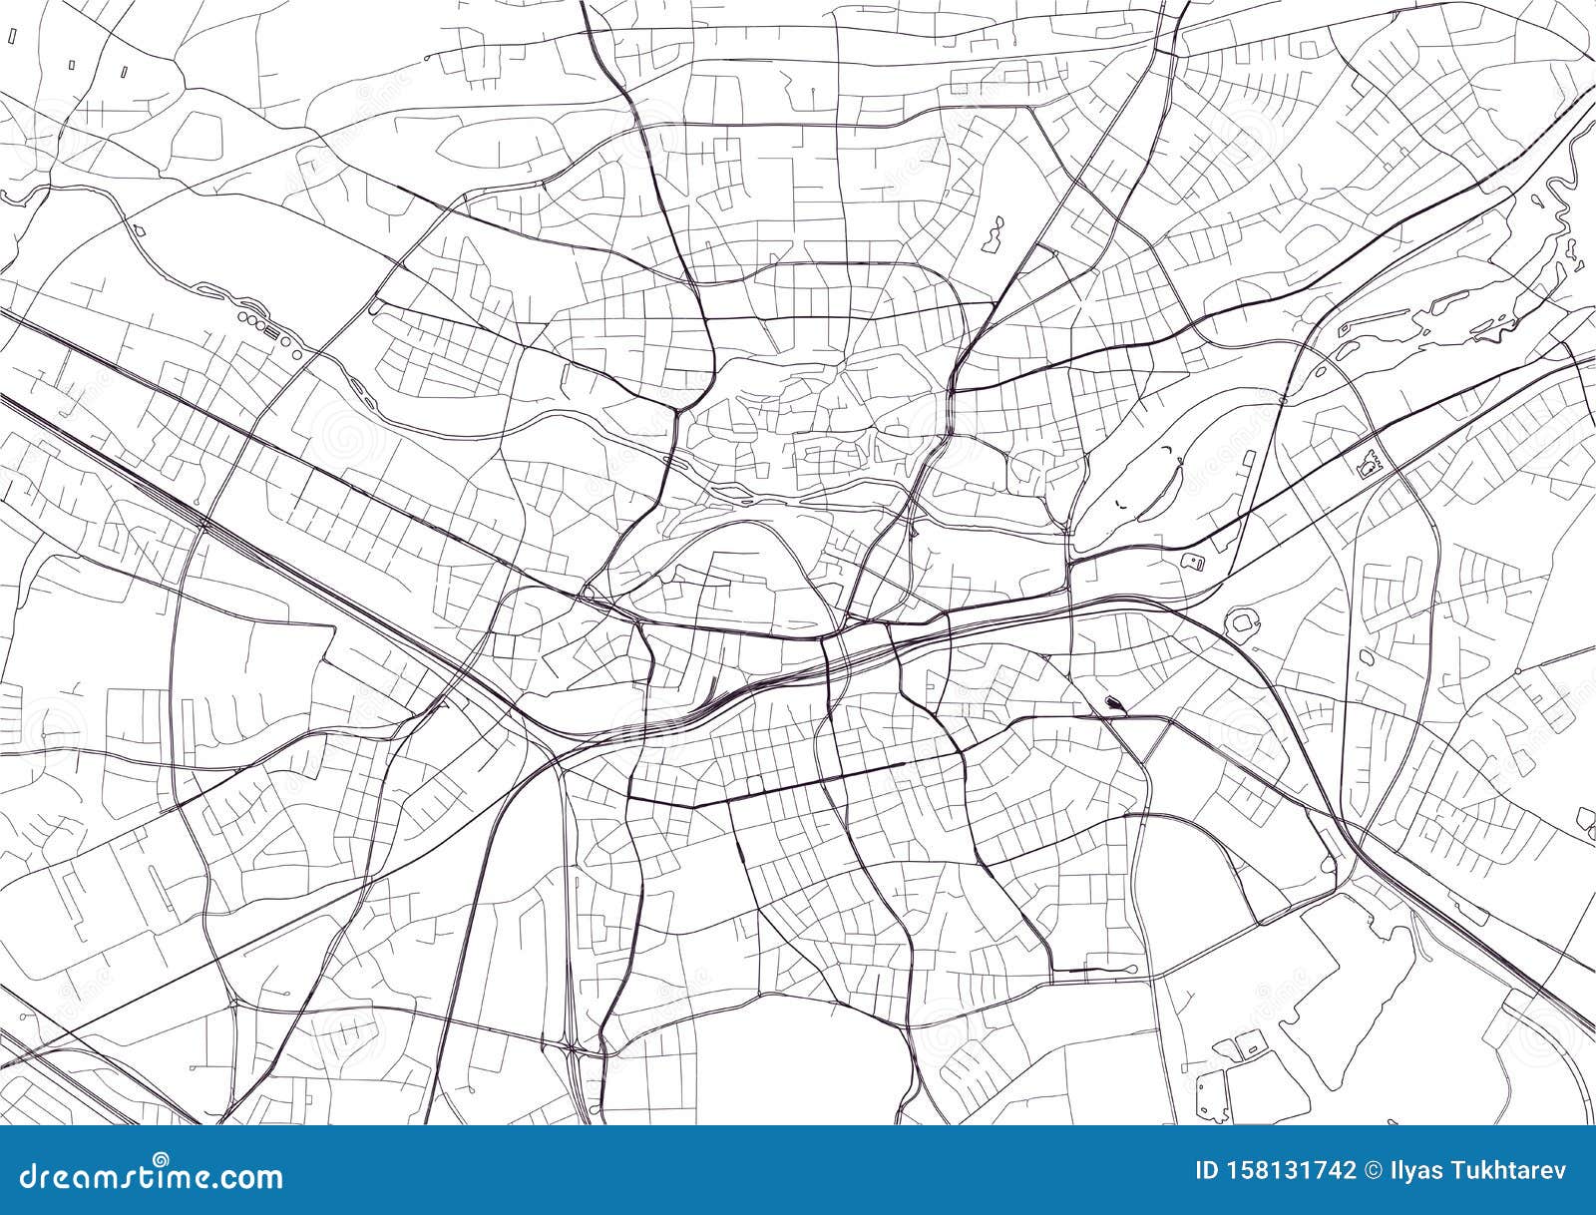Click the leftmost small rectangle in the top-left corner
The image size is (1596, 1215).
pos(72,65)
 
